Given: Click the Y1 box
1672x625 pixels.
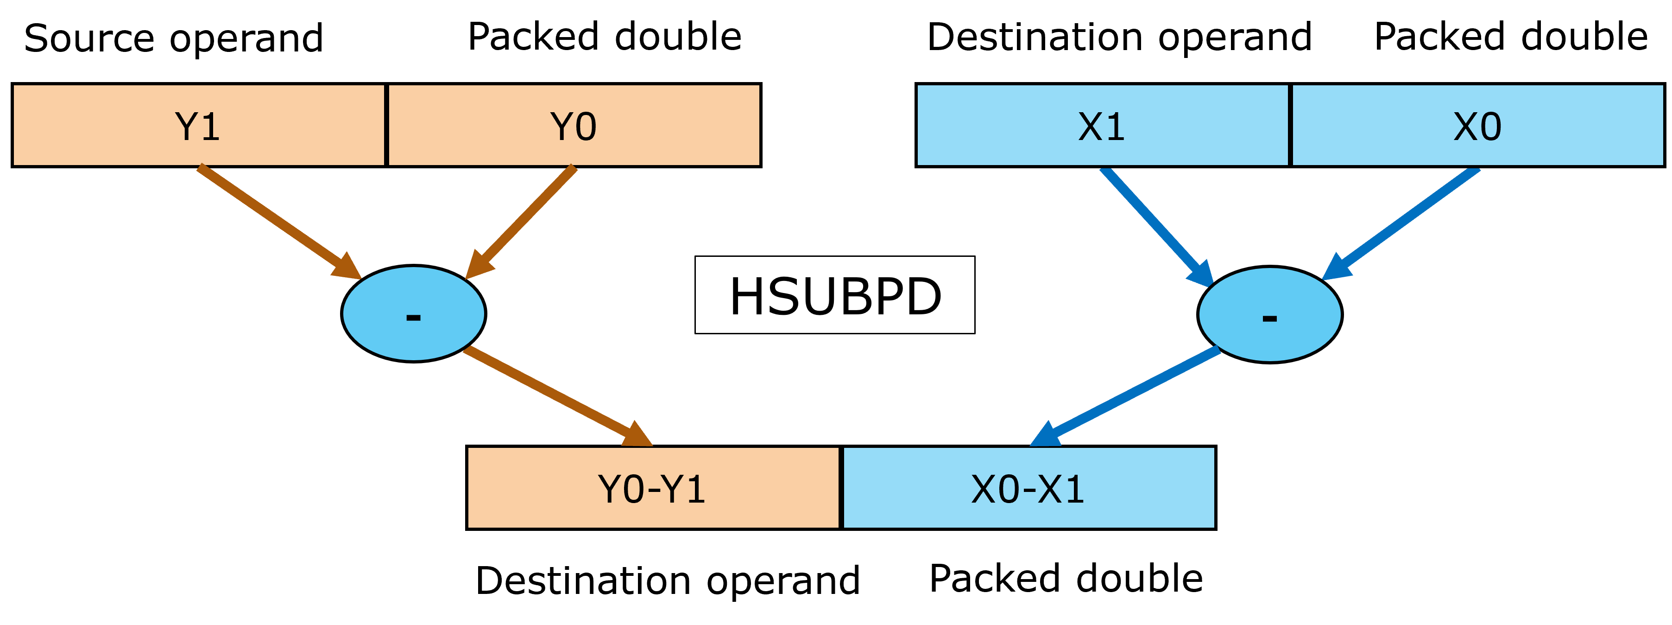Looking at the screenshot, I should click(x=199, y=125).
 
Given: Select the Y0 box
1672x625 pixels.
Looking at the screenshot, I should click(x=574, y=125).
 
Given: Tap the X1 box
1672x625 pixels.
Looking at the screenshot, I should click(x=1102, y=125).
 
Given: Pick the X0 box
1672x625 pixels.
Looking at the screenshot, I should click(x=1477, y=125).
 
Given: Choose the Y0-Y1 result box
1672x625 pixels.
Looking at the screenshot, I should click(x=653, y=487).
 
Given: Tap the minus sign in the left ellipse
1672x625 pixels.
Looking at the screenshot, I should click(x=413, y=318).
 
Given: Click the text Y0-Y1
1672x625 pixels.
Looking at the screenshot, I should click(x=652, y=489).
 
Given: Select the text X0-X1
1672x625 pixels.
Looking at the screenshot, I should click(x=1028, y=489).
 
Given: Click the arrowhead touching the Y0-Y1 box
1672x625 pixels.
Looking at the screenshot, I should click(x=637, y=435).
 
